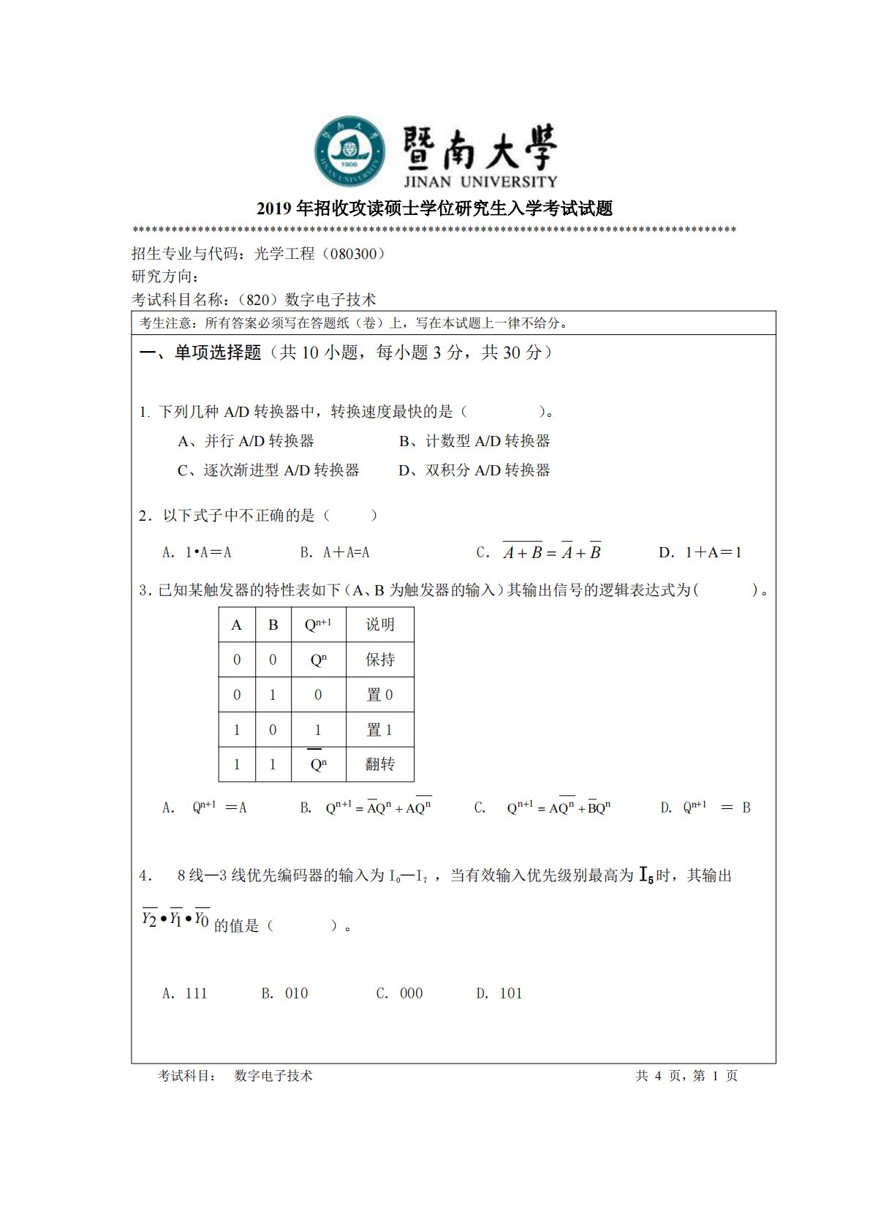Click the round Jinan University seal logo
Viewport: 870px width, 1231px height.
[x=349, y=151]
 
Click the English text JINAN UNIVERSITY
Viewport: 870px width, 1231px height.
[x=480, y=181]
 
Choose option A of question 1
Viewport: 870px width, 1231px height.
[x=246, y=441]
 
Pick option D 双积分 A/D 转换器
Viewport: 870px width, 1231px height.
[x=474, y=470]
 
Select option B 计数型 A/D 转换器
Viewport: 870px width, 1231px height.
[x=474, y=441]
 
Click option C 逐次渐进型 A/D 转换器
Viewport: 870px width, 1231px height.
[x=268, y=470]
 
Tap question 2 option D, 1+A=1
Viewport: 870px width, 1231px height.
[x=700, y=553]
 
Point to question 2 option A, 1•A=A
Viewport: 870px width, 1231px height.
[x=197, y=553]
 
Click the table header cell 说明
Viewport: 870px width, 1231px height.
[x=380, y=625]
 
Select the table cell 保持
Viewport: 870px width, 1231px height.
[x=380, y=660]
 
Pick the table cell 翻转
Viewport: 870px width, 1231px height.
[x=380, y=764]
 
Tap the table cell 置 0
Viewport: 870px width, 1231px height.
[x=380, y=695]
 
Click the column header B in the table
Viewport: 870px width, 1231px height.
[x=273, y=625]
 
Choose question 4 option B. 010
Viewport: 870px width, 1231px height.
[x=285, y=993]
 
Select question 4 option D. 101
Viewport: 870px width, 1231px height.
[x=499, y=993]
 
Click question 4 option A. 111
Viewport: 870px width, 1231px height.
[x=185, y=993]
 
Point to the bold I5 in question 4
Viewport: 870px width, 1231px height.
[x=646, y=875]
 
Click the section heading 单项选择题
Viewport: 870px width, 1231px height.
[x=217, y=353]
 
